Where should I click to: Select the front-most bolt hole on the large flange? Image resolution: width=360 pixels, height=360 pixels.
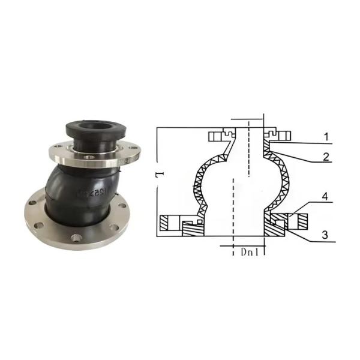click(x=76, y=238)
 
